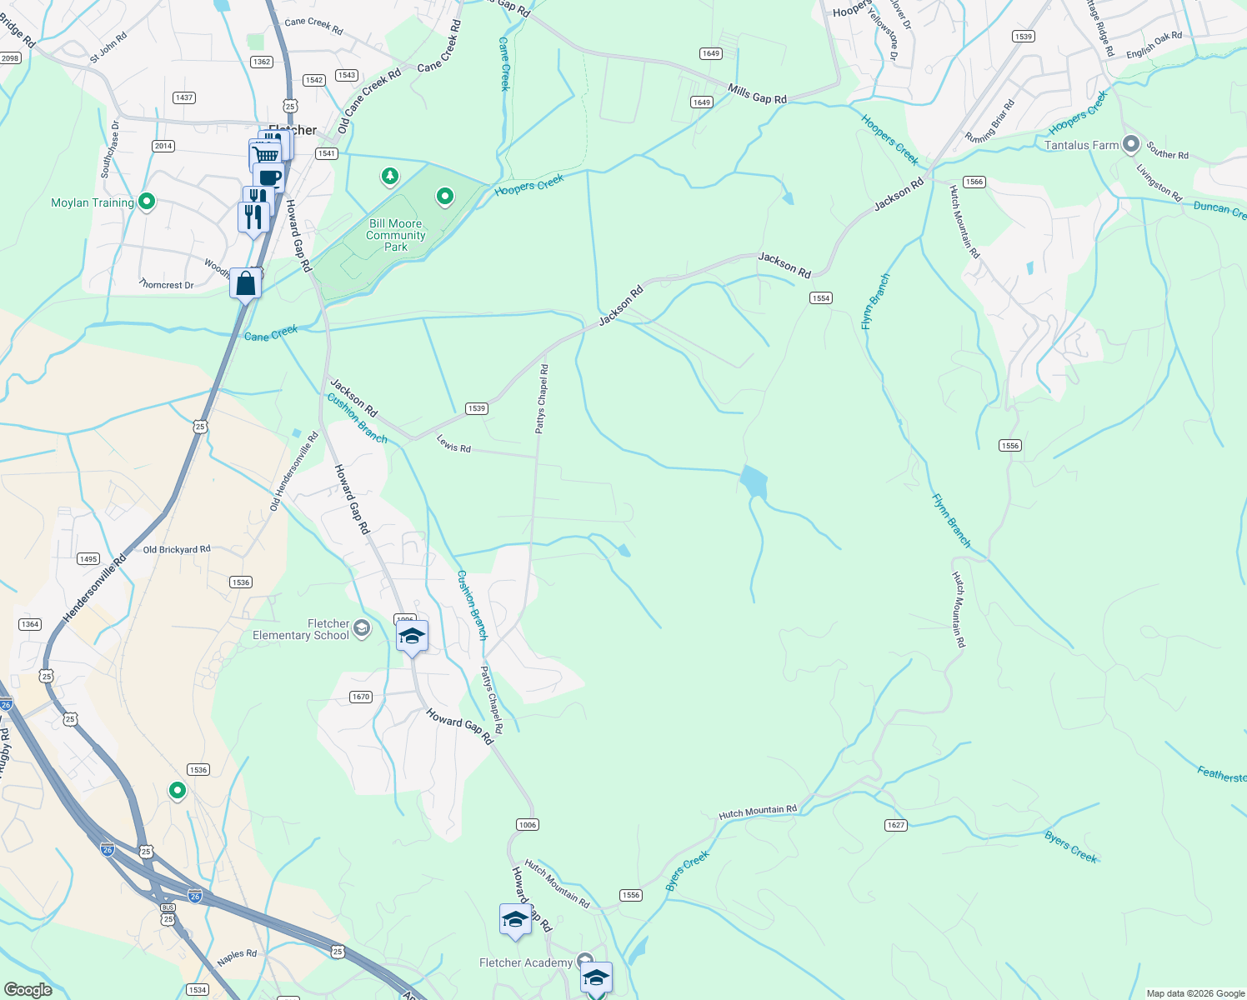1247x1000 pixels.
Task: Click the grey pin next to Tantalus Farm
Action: (1130, 144)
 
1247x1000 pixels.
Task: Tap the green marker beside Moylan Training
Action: (147, 202)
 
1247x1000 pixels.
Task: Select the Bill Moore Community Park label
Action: (396, 235)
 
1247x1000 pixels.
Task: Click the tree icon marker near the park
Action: (389, 176)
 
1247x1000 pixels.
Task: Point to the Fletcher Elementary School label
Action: (301, 629)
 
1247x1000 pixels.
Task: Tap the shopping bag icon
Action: (246, 283)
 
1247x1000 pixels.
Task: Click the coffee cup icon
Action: (268, 177)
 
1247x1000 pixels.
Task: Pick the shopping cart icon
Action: (265, 155)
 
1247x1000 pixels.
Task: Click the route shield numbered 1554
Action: (821, 298)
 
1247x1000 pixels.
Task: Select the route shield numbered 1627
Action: (896, 825)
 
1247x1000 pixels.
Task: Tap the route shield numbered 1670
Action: (361, 697)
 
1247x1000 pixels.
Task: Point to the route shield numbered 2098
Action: (10, 58)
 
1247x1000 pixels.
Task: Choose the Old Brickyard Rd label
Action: (177, 549)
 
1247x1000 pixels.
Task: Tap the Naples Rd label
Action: (237, 956)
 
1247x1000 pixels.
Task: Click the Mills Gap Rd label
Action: (757, 94)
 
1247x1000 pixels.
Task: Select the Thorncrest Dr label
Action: (167, 285)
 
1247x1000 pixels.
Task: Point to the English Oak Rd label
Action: (1154, 44)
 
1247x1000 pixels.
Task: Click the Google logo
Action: (28, 989)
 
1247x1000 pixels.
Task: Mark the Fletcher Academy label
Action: (526, 962)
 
